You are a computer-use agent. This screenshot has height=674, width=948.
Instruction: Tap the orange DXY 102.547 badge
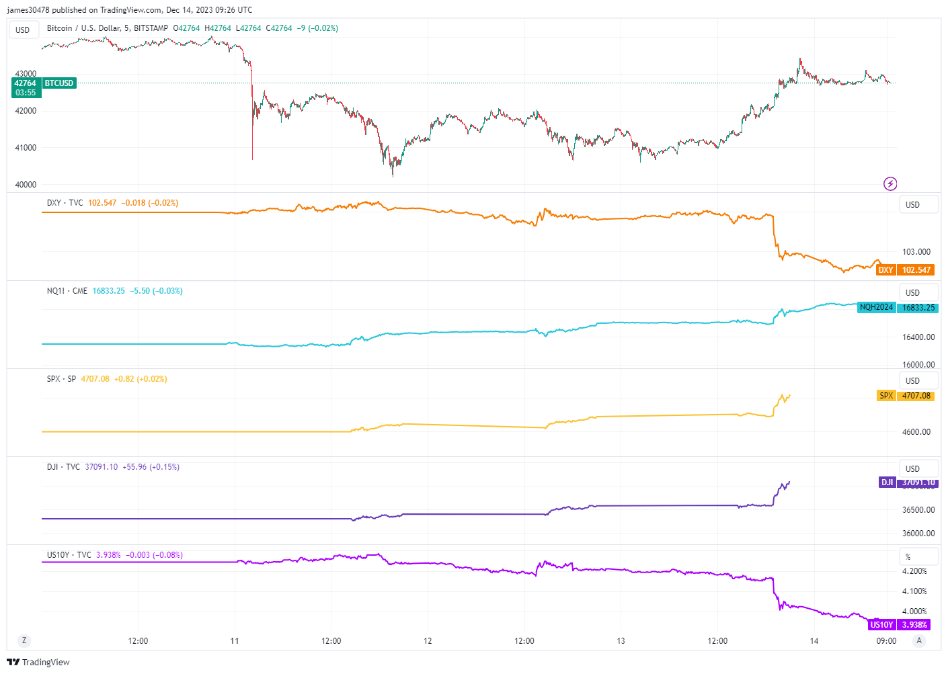tap(905, 270)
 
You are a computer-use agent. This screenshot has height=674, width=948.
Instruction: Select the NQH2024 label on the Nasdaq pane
tap(876, 307)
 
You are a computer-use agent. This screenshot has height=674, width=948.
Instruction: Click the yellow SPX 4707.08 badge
tap(906, 396)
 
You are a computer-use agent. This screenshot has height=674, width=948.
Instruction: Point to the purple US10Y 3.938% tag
tap(898, 625)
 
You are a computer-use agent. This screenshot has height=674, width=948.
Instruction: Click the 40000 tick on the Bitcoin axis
tap(26, 185)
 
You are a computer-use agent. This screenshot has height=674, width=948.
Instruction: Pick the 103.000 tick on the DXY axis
tap(916, 252)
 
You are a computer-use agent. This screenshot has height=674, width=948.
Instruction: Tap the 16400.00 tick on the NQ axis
tap(918, 337)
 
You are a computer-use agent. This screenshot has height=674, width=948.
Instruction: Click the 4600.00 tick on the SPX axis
tap(916, 432)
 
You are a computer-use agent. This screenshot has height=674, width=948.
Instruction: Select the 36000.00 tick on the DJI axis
tap(918, 534)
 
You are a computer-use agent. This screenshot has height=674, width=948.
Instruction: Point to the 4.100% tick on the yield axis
tap(914, 591)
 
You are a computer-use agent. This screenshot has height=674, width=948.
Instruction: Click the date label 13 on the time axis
tap(621, 641)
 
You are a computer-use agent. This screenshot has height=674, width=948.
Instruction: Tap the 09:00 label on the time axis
tap(886, 641)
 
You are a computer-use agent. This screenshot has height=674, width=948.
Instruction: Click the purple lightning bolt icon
tap(890, 183)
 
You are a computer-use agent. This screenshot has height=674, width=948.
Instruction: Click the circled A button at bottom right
tap(918, 641)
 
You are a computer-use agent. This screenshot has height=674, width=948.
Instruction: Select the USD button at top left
tap(23, 30)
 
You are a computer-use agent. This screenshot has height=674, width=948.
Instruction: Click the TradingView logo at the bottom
tap(38, 663)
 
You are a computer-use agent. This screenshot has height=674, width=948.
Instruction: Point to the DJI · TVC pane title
tap(63, 467)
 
